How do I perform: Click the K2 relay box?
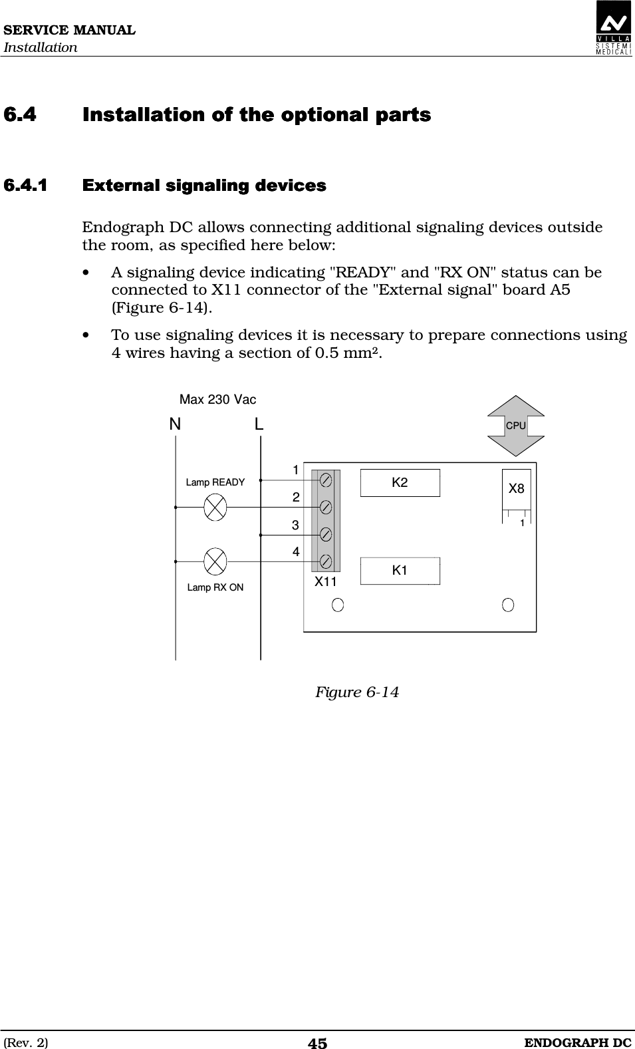pos(400,483)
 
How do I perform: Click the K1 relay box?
pos(400,571)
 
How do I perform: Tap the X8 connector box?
pos(516,489)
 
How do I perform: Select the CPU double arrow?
pos(516,426)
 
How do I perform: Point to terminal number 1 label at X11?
pos(295,470)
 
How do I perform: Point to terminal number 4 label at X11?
pos(295,552)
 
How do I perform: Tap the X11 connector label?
pos(325,581)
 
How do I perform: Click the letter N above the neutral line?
pos(175,424)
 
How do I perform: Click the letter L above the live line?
pos(259,424)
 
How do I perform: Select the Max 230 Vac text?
pos(217,400)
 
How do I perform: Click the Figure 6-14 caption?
pos(356,692)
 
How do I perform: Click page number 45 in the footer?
pos(317,1043)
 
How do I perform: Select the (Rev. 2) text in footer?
pos(26,1042)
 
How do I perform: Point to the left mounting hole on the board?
pos(338,605)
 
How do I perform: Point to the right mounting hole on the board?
pos(508,605)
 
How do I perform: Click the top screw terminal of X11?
pos(326,480)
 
